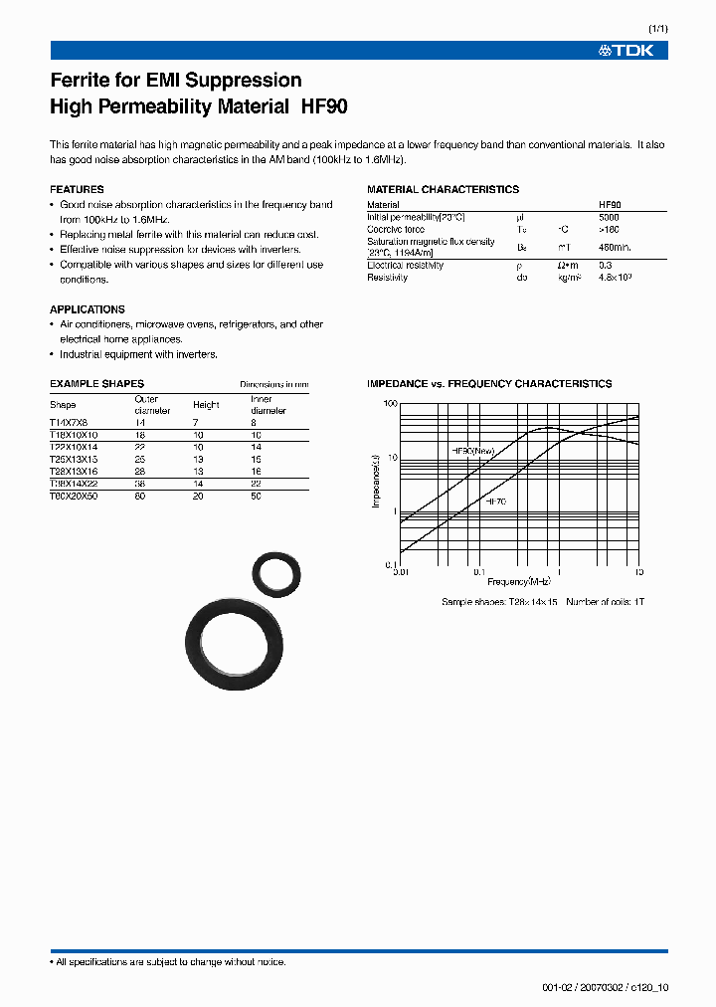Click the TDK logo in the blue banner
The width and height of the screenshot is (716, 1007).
pos(626,50)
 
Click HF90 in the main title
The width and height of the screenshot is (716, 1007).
pos(322,105)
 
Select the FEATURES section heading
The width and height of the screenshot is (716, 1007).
pos(77,189)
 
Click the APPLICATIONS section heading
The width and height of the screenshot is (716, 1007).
pos(88,309)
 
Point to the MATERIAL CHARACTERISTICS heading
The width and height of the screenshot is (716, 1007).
pos(443,189)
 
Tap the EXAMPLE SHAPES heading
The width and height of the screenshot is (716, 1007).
pos(96,383)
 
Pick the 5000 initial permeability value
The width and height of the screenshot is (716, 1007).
pos(609,216)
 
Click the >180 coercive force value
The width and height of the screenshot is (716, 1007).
pos(609,228)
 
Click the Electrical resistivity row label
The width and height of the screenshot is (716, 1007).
pos(405,266)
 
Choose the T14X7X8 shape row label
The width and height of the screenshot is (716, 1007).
pos(69,423)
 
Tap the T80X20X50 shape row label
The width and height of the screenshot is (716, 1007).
pos(74,495)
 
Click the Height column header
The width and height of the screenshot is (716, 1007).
pos(206,405)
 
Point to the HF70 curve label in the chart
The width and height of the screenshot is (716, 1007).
pos(495,502)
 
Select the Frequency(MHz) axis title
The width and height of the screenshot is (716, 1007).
pos(519,581)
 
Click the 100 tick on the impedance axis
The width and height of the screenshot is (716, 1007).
pos(390,403)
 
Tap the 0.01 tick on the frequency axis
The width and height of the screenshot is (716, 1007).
pos(401,572)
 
